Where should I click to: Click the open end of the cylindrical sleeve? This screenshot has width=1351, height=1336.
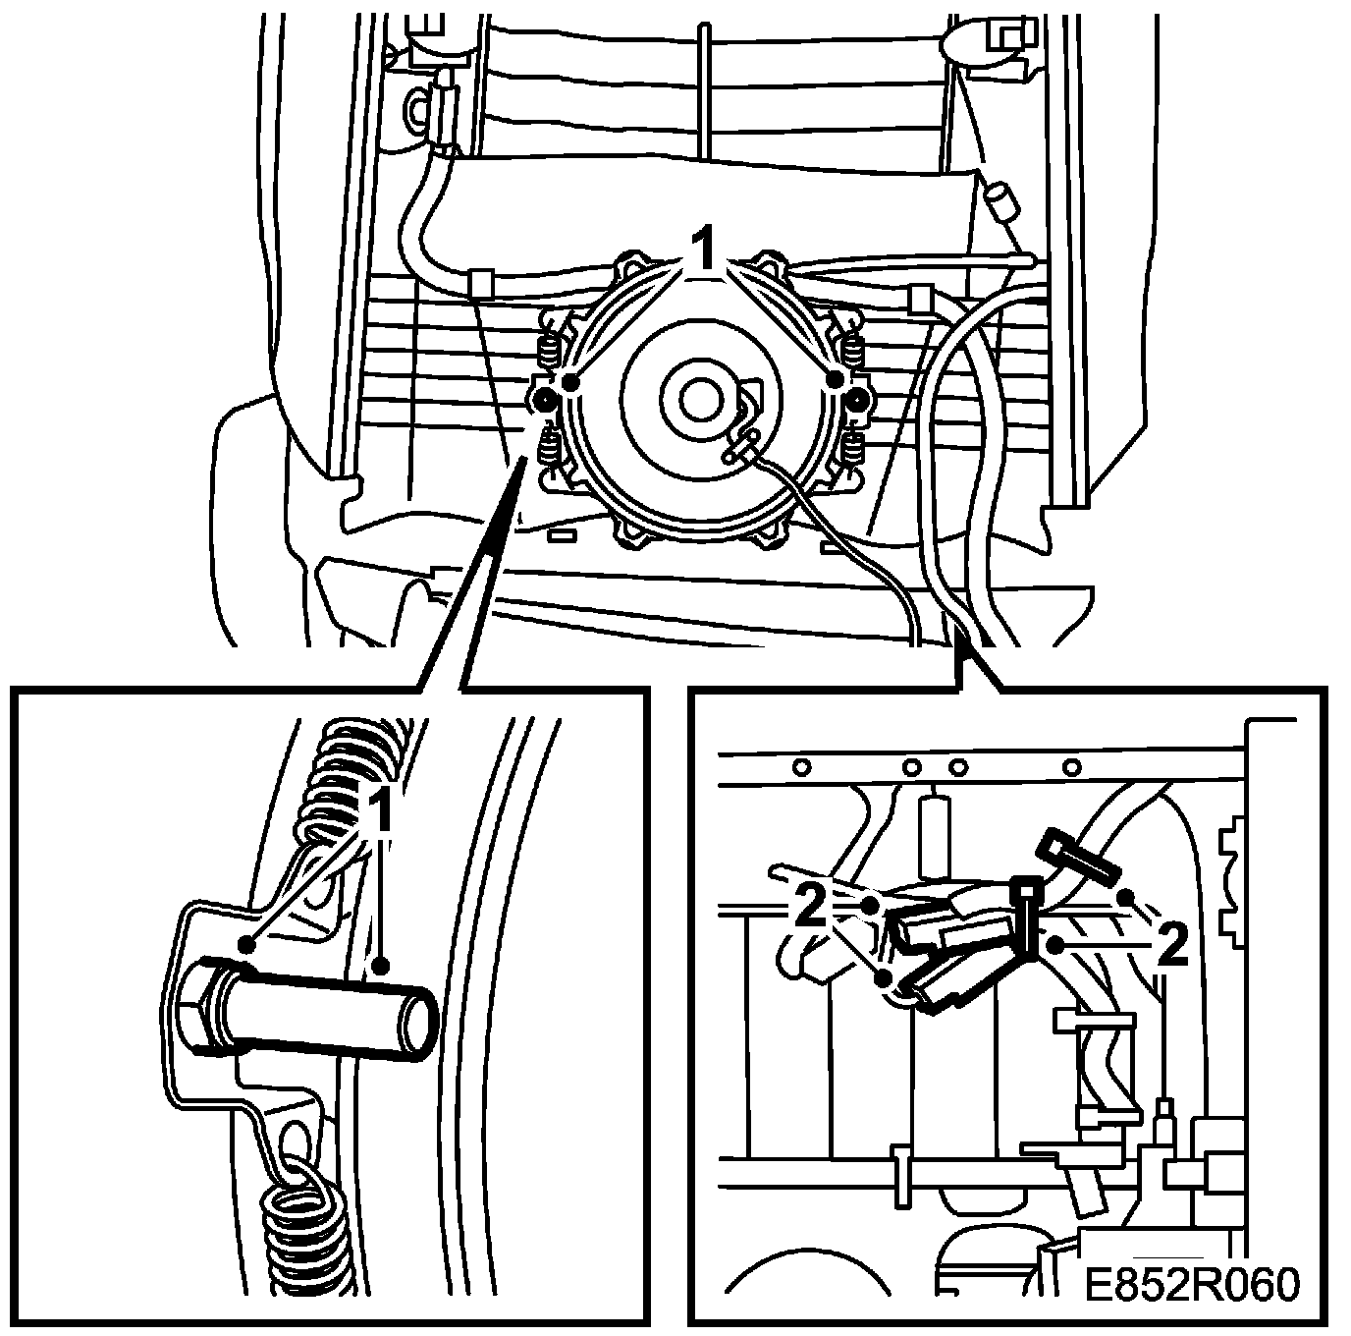coord(418,1022)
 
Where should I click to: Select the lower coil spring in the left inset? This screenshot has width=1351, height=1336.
coord(303,1224)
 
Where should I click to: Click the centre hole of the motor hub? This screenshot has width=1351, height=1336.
coord(700,399)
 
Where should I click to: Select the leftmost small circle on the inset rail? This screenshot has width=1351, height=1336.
coord(802,765)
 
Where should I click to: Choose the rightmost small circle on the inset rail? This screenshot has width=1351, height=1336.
coord(1072,765)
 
